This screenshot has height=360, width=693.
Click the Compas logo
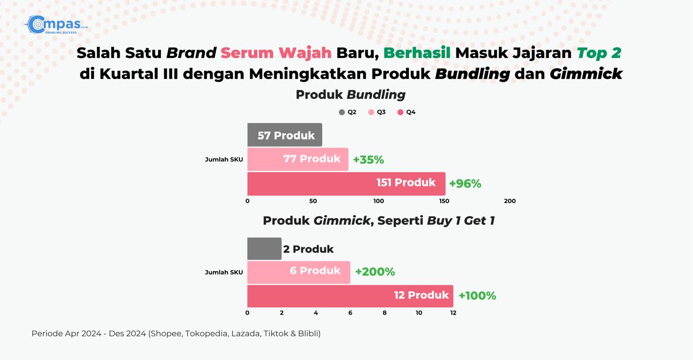tap(56, 24)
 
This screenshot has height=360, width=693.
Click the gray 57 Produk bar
tap(285, 135)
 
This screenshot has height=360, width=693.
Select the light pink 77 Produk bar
tap(298, 159)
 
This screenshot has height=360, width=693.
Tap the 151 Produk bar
tap(346, 184)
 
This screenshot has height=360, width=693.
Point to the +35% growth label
tap(369, 160)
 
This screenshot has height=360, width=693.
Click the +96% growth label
tap(465, 184)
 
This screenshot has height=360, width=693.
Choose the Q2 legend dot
tap(342, 112)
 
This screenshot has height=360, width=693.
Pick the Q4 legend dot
tap(400, 112)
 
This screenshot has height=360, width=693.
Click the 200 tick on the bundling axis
tap(510, 201)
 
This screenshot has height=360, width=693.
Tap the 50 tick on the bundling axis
tap(313, 201)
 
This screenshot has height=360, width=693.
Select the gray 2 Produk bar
tap(265, 248)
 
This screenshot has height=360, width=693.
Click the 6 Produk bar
tap(299, 272)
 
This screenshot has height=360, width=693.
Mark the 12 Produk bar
tap(350, 296)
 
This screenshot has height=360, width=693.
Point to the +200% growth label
tap(375, 272)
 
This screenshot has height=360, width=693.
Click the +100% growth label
tap(478, 296)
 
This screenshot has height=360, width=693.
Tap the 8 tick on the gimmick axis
tap(384, 313)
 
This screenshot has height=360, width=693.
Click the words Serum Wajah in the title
tap(276, 53)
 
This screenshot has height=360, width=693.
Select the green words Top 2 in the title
tap(599, 53)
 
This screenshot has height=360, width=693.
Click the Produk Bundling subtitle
tap(350, 95)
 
